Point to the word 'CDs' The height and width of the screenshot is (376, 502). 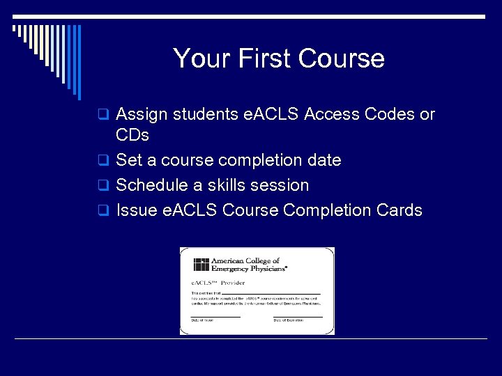point(132,135)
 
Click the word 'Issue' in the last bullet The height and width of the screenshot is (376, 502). point(134,210)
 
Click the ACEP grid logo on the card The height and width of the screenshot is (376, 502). point(201,265)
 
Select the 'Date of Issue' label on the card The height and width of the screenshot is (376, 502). point(204,320)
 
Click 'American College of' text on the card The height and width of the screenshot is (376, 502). point(245,260)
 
